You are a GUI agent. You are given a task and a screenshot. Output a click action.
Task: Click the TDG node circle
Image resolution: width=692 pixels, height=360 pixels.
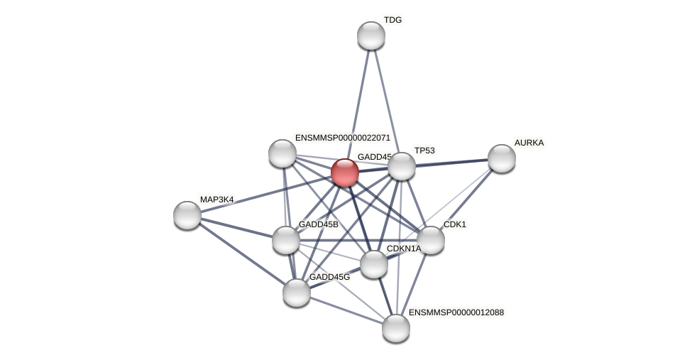pos(370,36)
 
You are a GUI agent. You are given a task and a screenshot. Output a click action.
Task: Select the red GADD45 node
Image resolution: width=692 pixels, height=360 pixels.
pos(345,173)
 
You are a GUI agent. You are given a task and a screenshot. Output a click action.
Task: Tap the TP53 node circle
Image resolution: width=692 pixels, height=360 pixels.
pos(402,166)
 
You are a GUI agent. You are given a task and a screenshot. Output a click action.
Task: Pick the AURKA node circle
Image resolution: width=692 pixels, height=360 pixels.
pos(502,158)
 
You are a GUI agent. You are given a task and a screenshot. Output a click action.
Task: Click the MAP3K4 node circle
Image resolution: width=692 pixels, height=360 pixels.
pos(187,215)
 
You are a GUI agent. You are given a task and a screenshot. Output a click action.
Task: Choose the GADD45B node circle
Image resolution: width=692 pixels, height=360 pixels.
pos(286,240)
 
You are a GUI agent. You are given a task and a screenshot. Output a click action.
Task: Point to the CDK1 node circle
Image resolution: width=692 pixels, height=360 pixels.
pos(431,240)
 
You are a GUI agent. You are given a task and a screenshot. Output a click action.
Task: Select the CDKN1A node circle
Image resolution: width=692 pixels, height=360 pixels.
pos(374,264)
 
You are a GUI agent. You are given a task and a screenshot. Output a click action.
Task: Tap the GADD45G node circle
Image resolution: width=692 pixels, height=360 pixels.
pos(297,292)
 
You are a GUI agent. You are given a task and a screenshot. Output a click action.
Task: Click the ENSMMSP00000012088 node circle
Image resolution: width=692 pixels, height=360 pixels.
pos(396,328)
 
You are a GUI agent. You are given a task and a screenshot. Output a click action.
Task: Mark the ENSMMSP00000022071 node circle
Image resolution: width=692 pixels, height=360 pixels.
pos(282,153)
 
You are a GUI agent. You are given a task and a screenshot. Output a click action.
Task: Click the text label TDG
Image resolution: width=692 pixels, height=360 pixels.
pos(392,20)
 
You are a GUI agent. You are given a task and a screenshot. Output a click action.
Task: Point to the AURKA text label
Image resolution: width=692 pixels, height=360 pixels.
pos(529,143)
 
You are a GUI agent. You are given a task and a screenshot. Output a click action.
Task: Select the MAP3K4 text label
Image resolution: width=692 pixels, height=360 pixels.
pos(216,200)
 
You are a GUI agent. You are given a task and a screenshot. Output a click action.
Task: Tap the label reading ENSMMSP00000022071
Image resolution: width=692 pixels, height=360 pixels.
pos(343,138)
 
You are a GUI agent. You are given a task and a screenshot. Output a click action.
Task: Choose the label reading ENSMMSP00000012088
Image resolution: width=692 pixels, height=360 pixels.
pos(456,312)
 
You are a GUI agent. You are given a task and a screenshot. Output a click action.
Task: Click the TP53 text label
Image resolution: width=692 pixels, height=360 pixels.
pos(424,151)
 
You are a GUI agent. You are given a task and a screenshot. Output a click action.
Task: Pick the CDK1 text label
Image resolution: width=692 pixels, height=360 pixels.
pos(455,224)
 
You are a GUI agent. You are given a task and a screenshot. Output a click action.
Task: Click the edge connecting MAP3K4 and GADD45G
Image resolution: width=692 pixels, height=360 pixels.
pos(242,253)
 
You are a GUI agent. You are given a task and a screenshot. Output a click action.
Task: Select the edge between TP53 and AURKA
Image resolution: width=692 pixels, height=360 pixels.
pos(451,163)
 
